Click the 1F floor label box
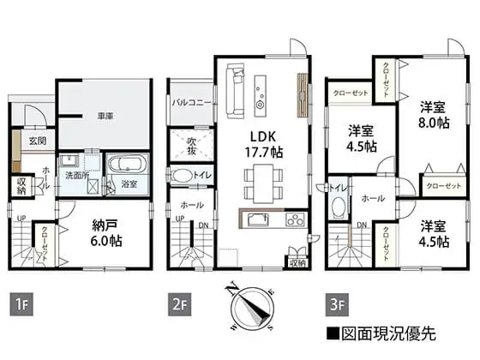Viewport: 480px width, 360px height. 21,304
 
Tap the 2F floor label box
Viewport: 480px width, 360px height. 179,304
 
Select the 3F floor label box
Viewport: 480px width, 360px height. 337,304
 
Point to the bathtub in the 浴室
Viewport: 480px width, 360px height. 128,165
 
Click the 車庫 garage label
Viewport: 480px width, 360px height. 105,116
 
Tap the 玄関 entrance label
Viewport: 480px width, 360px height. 38,141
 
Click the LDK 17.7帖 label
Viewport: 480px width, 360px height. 264,144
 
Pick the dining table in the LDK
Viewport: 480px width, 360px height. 263,183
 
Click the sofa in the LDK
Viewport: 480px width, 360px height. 235,91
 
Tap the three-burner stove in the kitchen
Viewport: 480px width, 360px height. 296,219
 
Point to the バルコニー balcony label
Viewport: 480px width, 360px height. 191,102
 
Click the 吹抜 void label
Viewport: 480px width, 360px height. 191,146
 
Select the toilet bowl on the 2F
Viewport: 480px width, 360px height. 182,176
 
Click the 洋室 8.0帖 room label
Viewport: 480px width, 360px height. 434,115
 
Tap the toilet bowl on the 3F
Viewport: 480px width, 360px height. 338,207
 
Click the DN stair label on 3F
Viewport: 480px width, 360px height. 362,225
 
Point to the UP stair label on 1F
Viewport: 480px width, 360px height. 21,219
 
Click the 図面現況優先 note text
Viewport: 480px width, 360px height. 381,333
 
